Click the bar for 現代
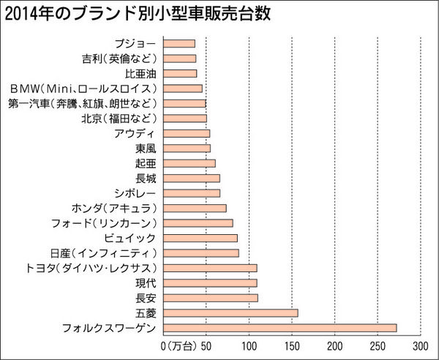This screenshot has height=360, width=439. [210, 282]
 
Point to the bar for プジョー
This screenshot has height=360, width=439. [179, 43]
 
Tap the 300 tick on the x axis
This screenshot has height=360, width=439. [421, 345]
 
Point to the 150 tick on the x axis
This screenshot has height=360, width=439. [292, 345]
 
